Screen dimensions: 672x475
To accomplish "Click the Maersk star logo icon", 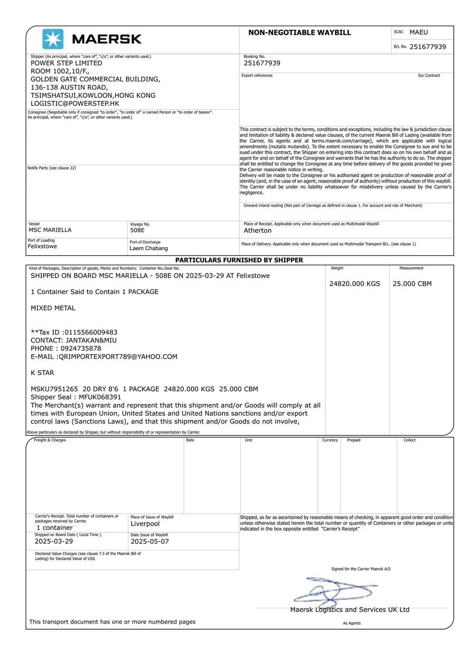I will click(x=53, y=39).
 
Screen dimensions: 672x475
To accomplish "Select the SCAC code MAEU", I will click(x=418, y=32).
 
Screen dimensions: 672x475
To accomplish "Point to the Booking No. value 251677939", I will click(x=262, y=63).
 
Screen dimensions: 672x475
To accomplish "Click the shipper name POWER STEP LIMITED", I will click(x=66, y=63).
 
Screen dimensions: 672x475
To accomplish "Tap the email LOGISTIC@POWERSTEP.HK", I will click(x=75, y=104).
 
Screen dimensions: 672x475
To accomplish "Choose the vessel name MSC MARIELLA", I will click(x=50, y=230).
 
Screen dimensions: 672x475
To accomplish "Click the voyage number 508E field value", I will click(x=137, y=230).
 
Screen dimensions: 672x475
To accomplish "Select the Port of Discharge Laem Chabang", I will click(x=149, y=248).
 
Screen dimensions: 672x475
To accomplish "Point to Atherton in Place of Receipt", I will click(x=257, y=230).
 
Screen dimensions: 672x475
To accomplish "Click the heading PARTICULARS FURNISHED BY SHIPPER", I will click(x=239, y=260).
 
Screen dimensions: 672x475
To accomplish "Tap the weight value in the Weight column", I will click(x=355, y=284).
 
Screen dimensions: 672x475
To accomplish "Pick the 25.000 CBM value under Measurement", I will click(x=412, y=284).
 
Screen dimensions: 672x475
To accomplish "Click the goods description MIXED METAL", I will click(x=53, y=308).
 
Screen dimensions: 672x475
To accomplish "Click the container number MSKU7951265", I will click(x=54, y=389).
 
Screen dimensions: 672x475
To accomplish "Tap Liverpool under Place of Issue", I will click(x=145, y=524).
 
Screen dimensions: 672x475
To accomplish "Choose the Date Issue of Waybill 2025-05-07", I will click(x=150, y=541).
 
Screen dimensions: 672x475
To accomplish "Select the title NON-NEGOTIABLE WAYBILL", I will click(x=299, y=33).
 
